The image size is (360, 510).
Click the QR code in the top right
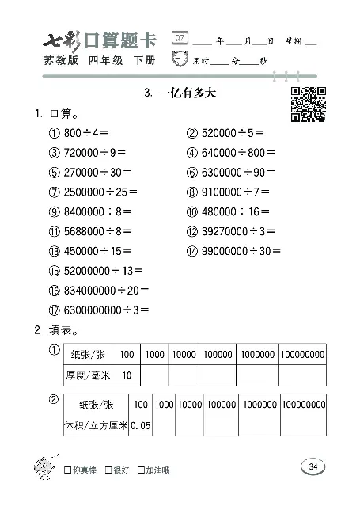pyautogui.click(x=309, y=105)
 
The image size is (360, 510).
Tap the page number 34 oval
pyautogui.click(x=313, y=466)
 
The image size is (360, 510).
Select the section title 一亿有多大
pyautogui.click(x=180, y=93)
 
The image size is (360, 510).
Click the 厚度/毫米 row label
pyautogui.click(x=89, y=375)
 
